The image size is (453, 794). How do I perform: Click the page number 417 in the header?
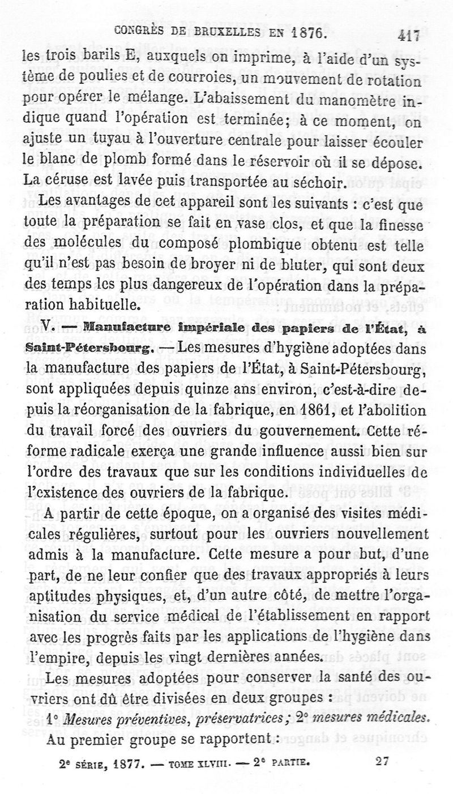point(408,35)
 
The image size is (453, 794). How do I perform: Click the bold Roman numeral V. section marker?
point(31,327)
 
